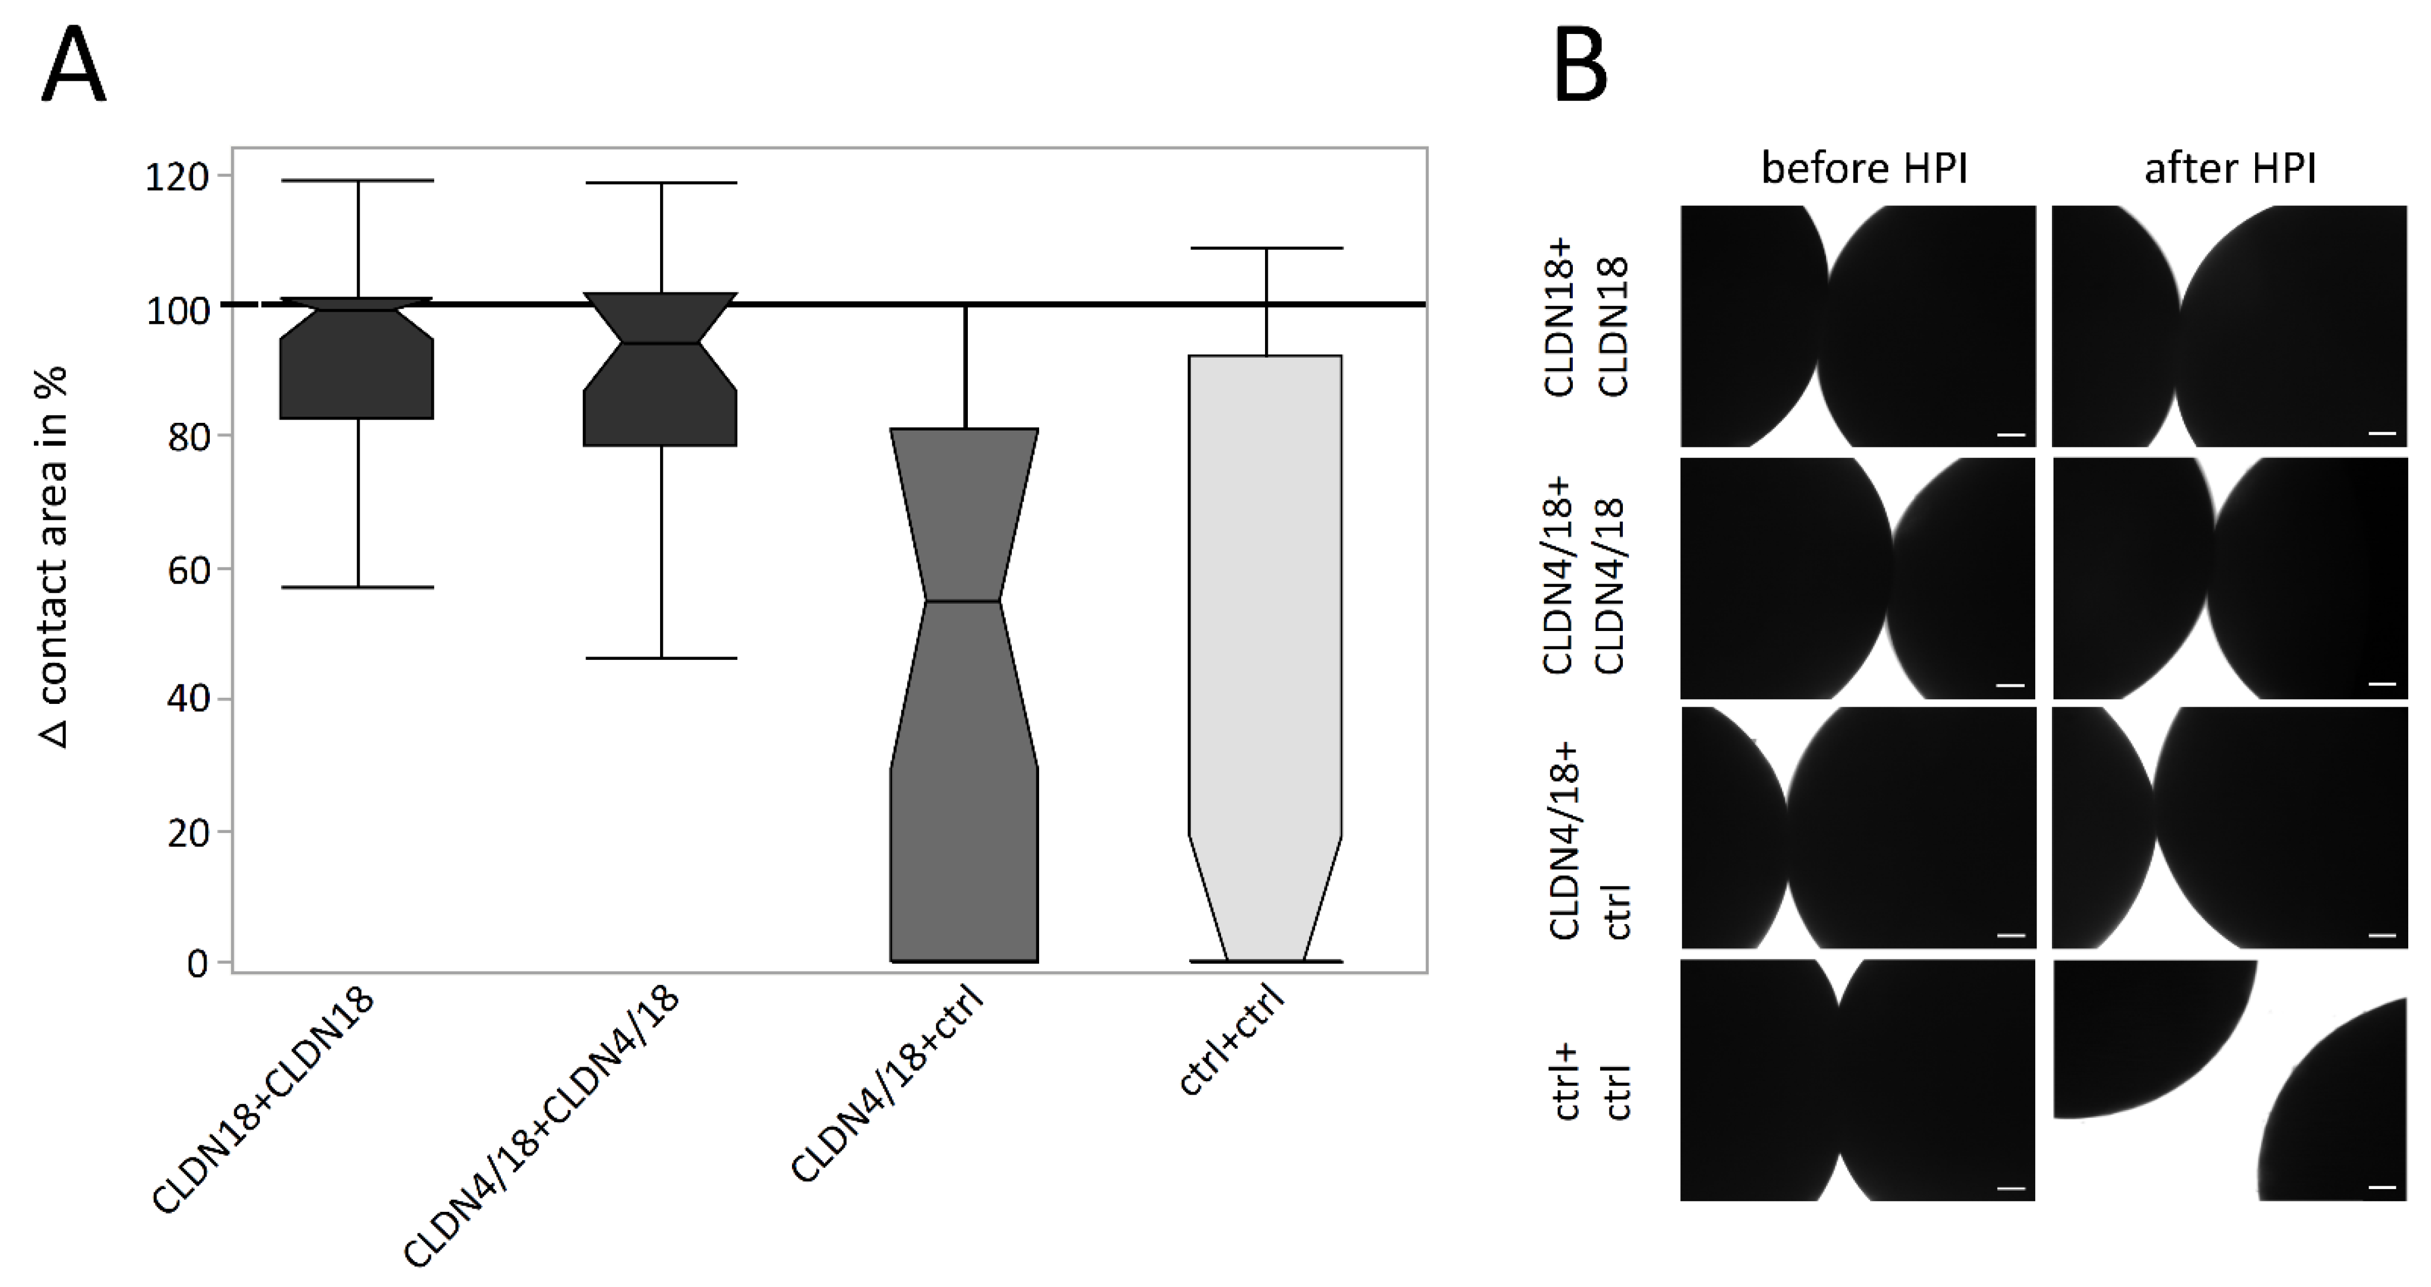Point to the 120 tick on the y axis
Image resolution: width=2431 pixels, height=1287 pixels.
click(176, 176)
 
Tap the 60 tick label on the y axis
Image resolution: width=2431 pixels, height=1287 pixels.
click(188, 570)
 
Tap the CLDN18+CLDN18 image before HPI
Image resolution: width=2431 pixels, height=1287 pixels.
click(1857, 327)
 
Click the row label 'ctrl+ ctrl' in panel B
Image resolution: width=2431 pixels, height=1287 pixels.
click(1592, 1081)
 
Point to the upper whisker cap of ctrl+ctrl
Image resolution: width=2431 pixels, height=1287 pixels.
click(1266, 248)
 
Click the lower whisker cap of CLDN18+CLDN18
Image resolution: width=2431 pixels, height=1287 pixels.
click(358, 587)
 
